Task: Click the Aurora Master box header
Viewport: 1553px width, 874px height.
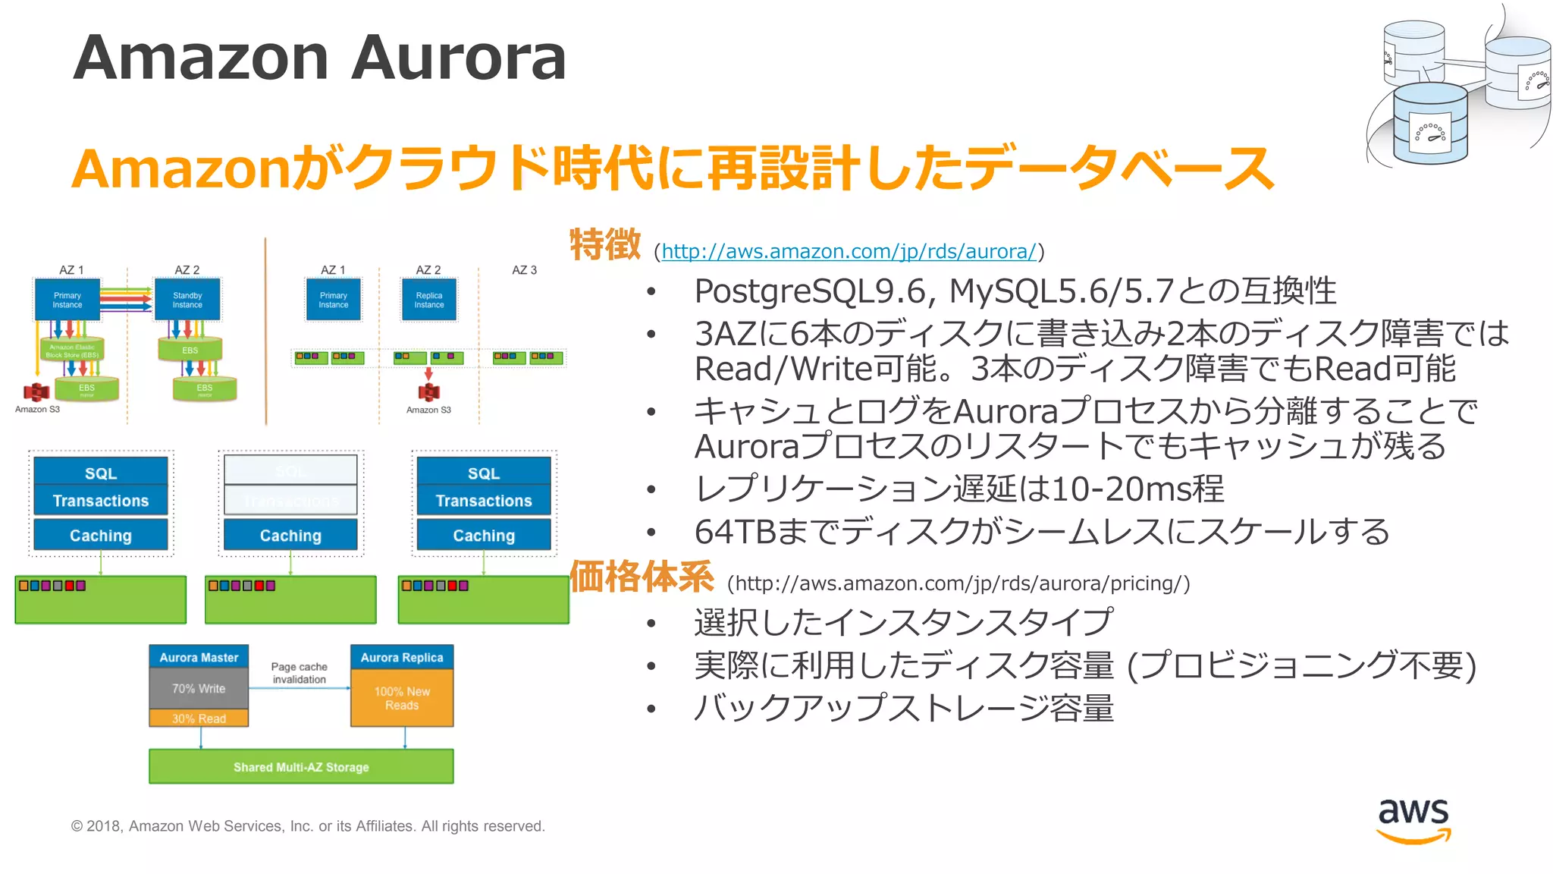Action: (199, 657)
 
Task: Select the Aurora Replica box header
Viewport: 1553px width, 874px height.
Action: (402, 657)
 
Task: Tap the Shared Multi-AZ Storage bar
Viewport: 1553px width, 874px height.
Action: (301, 766)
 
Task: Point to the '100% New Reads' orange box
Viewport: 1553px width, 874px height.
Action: (402, 698)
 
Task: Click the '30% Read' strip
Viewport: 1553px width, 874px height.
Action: (199, 718)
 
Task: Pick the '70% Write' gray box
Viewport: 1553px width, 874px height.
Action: (199, 688)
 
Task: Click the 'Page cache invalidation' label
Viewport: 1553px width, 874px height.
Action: (300, 673)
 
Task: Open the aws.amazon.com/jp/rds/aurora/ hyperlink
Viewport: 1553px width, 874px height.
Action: (849, 251)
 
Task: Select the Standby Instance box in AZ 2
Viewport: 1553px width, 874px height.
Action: (187, 300)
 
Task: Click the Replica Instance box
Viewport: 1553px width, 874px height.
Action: (429, 300)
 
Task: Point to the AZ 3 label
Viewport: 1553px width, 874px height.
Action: (524, 270)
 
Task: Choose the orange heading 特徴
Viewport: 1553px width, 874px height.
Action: (605, 244)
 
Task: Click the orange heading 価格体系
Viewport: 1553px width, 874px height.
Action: (642, 577)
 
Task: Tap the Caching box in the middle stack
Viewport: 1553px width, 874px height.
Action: (290, 536)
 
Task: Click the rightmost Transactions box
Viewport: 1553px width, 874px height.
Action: (484, 501)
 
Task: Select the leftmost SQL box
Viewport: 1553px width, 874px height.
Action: (101, 473)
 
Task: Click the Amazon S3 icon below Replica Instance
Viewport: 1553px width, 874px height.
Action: (429, 391)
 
